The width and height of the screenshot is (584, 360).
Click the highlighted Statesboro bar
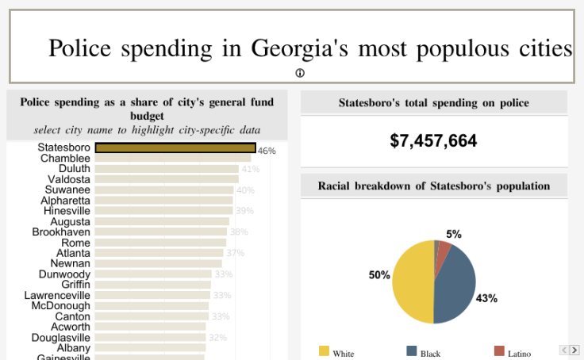coord(175,147)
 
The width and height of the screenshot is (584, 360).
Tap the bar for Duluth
coord(167,169)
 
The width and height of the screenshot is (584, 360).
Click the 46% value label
coord(267,151)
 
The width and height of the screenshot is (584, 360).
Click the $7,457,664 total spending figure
coord(433,141)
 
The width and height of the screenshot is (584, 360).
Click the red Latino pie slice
coord(444,249)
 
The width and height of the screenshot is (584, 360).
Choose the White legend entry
coord(336,352)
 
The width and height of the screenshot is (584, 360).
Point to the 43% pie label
coord(486,298)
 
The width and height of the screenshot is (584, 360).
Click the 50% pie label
coord(379,275)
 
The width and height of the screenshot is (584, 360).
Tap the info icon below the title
coord(300,73)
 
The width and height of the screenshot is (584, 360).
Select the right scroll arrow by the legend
coord(574,350)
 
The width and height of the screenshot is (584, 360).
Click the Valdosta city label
coord(69,179)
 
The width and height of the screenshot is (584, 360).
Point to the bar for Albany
coord(150,347)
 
